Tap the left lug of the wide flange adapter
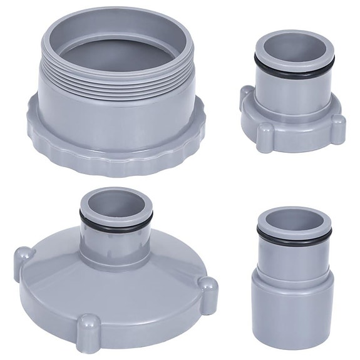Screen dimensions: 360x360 pos(23,257)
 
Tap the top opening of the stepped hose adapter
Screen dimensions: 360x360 pos(291,219)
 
